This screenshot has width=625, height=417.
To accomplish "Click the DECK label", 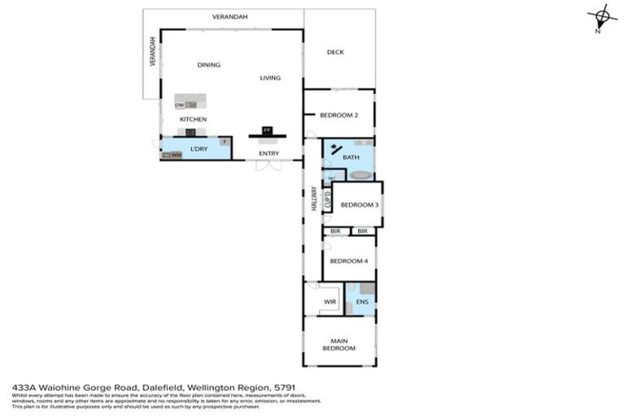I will click(x=335, y=52).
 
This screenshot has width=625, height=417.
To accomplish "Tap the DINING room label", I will click(x=209, y=65).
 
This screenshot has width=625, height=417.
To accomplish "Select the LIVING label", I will click(x=270, y=78).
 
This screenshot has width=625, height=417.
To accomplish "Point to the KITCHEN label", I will click(x=194, y=120).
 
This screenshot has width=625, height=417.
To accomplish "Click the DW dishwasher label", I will click(x=179, y=105).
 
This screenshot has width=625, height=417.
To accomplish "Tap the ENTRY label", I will click(x=269, y=153).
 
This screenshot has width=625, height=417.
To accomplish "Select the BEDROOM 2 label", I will click(x=339, y=116).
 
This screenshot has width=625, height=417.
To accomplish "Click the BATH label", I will click(x=351, y=157).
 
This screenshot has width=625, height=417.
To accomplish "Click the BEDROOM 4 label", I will click(x=349, y=261).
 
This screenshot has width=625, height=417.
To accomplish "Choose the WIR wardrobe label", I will click(x=330, y=302).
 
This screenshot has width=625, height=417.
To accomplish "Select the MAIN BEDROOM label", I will click(x=339, y=344).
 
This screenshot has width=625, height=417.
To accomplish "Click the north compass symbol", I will click(x=601, y=17).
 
